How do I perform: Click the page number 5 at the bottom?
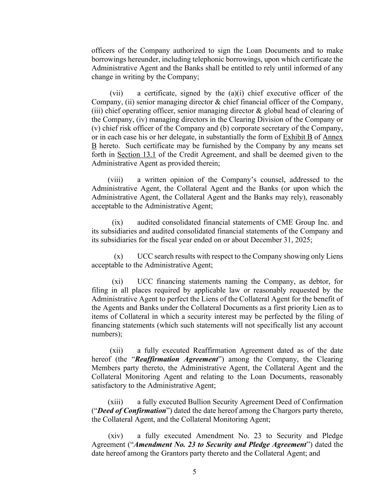click(x=194, y=472)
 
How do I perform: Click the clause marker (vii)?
click(x=116, y=93)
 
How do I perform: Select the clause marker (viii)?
click(x=115, y=180)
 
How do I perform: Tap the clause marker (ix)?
click(x=117, y=223)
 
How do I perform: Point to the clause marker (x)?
click(x=118, y=256)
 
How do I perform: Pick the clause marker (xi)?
click(x=117, y=282)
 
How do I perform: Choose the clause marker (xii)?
click(x=116, y=350)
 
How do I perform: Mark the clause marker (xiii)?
click(x=115, y=402)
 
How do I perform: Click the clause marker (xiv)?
click(x=115, y=436)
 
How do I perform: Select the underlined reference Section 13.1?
click(x=136, y=155)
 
